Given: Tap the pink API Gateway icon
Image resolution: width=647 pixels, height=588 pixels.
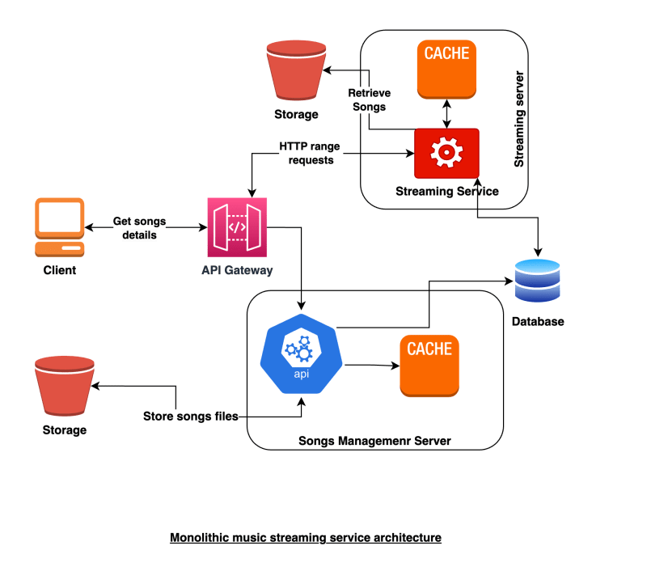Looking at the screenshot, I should pos(237,226).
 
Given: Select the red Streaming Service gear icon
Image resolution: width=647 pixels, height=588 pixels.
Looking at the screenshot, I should pos(446,153).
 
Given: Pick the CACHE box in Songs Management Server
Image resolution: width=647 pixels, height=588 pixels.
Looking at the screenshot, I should pos(429,366).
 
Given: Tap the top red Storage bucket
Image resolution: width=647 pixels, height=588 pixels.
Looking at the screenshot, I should pos(294,70).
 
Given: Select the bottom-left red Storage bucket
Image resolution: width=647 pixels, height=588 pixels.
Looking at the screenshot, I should pos(64,387).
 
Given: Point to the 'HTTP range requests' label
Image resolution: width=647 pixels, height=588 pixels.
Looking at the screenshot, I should pos(306,153).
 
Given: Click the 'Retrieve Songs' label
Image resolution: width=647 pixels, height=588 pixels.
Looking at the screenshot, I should pos(369,99).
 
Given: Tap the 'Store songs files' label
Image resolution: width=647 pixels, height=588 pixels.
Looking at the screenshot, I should pos(190,417).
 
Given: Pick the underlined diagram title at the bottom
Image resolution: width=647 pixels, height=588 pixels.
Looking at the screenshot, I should pos(306,537).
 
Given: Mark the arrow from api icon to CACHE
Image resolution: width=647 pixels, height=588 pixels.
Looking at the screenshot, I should pos(370,366).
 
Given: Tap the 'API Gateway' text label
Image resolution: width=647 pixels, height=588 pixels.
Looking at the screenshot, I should pos(237,269).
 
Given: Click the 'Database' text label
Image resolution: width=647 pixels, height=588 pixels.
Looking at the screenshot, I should pos(538,322).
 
